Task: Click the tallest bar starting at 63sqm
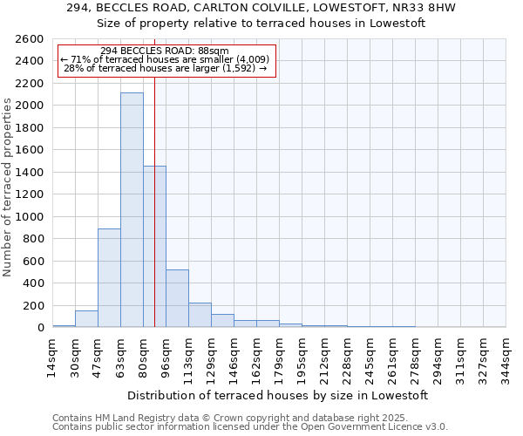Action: tap(132, 209)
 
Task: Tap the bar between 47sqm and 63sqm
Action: tap(109, 277)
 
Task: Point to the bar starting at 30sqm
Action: tap(86, 319)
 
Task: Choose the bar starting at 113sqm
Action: tap(200, 315)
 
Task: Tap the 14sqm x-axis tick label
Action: tap(52, 356)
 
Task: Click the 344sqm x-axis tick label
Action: tap(506, 356)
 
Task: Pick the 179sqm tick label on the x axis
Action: tap(279, 356)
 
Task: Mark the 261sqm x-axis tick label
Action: tap(392, 356)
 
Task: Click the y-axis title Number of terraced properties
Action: tap(8, 187)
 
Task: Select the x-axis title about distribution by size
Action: tap(278, 395)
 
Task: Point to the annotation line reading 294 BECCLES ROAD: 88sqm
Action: tap(165, 51)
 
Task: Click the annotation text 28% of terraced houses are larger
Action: tap(165, 68)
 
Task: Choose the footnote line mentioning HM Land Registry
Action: tap(224, 418)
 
